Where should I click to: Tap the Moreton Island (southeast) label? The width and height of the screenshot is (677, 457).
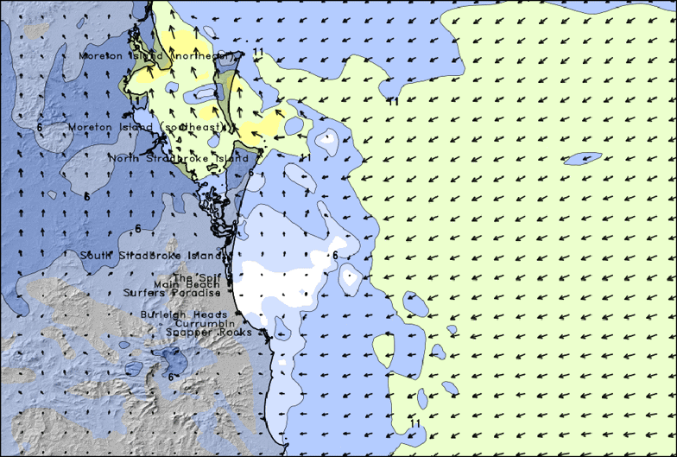tap(151, 128)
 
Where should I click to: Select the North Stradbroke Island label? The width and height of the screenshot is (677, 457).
tap(179, 158)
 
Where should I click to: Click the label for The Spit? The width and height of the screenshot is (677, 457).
tap(192, 276)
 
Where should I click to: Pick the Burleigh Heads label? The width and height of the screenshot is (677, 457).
tap(183, 314)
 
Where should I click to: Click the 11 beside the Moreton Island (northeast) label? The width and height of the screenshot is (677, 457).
tap(258, 52)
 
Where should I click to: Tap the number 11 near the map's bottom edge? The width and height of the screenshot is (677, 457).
tap(416, 423)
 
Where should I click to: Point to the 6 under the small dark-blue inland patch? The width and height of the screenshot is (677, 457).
tap(171, 377)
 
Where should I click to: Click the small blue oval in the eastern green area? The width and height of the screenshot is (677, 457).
tap(582, 159)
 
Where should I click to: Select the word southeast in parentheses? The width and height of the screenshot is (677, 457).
tap(205, 128)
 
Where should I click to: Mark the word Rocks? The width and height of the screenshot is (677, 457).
tap(235, 332)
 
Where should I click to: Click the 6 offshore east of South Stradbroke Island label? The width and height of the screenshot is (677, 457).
tap(335, 255)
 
